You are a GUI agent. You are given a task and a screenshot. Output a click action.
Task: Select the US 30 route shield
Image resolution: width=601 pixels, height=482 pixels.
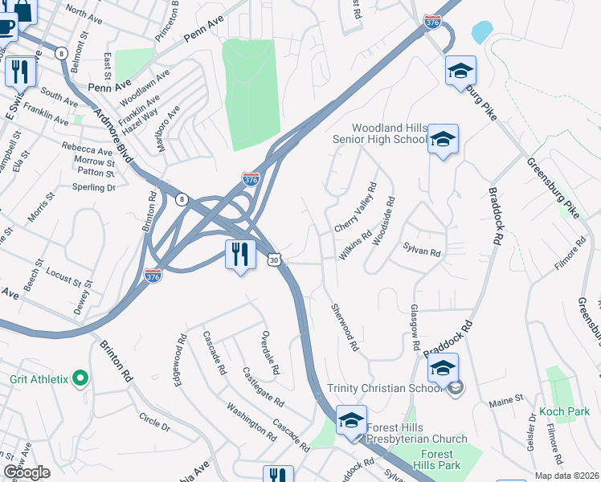pos(275,260)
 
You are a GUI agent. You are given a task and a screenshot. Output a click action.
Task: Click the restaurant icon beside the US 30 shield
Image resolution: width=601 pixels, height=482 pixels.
pos(240,254)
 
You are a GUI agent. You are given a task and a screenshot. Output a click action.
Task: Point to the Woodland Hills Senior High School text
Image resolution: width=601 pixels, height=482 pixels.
pos(390,133)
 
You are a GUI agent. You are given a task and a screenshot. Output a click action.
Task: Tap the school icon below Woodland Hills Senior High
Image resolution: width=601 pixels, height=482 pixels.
pos(443,140)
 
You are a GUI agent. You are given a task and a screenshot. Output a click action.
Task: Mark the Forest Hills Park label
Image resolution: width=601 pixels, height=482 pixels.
pos(438,460)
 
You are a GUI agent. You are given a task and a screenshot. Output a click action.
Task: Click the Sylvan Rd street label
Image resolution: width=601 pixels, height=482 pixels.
pos(423,253)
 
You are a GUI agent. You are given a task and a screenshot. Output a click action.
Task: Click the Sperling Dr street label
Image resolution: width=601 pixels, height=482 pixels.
pos(94,187)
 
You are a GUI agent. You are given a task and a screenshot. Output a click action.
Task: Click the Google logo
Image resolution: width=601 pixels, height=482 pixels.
pos(27,472)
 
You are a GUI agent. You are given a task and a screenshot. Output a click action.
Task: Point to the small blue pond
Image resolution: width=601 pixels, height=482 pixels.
pos(482,32)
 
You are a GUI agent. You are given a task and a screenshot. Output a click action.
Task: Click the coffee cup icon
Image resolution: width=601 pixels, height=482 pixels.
pos(6,27)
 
